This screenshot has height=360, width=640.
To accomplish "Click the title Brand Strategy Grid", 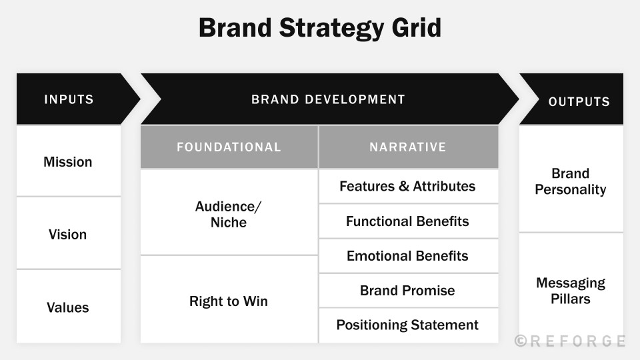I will (x=320, y=29).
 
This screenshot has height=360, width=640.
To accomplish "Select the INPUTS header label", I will (x=69, y=100).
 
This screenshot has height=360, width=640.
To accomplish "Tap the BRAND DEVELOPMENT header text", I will (x=328, y=100).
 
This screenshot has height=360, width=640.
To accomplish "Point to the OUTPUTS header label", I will (x=579, y=102).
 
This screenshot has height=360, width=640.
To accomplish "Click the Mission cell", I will (x=68, y=162).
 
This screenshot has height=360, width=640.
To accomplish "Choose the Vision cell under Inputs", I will (x=68, y=235).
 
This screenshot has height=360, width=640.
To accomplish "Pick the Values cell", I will (x=68, y=308).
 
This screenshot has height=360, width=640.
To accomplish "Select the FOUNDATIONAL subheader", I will (x=229, y=147).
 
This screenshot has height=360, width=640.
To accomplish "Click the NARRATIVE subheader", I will (x=408, y=147).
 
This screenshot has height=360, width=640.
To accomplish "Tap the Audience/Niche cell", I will (x=229, y=214).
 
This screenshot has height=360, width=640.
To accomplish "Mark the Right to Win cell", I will (x=229, y=301).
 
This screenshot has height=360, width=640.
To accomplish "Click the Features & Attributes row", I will (x=408, y=187).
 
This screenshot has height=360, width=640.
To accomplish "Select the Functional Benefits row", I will (x=408, y=221).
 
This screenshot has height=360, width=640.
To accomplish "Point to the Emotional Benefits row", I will (x=408, y=256).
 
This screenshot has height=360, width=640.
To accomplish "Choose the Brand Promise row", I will (x=408, y=291).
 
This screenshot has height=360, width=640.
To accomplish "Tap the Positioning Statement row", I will (x=408, y=325).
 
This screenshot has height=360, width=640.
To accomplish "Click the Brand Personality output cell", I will (x=571, y=181).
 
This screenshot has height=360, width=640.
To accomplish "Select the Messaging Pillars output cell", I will (x=571, y=291).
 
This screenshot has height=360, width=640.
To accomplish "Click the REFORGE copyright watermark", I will (x=570, y=341).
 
